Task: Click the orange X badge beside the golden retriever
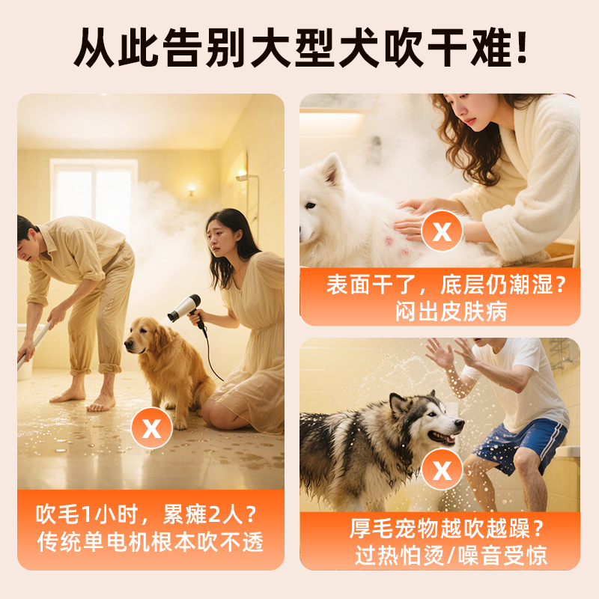pos(152,428)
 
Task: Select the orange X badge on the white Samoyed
pos(442,231)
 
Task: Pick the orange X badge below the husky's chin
pos(442,469)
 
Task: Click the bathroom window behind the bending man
pos(94,191)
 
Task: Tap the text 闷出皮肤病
pos(451,311)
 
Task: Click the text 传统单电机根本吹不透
pos(150,541)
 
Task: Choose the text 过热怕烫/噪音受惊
pos(451,555)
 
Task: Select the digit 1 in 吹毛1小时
pos(86,514)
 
